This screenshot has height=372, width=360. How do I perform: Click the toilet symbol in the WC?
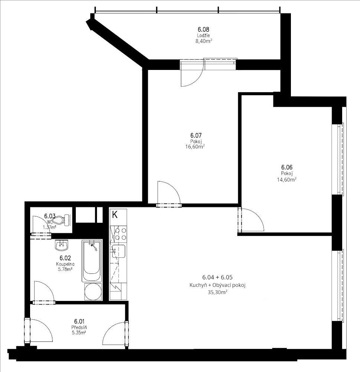[61, 220]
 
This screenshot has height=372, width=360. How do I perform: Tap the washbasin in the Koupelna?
[61, 245]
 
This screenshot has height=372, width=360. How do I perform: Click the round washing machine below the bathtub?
[93, 291]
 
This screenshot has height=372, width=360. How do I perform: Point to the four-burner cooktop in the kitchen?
[120, 234]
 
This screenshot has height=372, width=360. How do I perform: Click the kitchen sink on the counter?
[119, 251]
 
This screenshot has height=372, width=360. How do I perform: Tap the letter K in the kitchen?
[115, 215]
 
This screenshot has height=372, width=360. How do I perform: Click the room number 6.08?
[203, 29]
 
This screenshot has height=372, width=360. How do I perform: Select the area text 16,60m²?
[195, 147]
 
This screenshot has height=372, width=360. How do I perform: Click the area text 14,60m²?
[287, 179]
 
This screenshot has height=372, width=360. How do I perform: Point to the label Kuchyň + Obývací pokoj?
[217, 285]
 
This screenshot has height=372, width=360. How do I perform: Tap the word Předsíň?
[79, 327]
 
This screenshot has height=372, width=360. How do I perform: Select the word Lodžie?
[203, 36]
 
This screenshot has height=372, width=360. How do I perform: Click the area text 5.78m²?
[65, 269]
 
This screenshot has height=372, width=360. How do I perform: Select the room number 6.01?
[79, 321]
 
